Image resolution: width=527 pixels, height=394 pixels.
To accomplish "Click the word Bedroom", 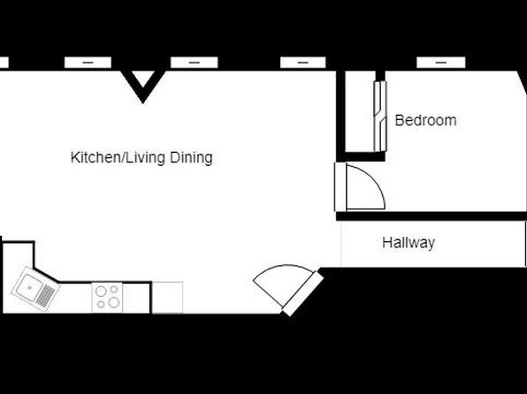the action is click(x=425, y=120).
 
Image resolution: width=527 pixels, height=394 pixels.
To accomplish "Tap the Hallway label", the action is click(x=409, y=243).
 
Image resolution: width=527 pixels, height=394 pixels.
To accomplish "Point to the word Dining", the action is click(x=191, y=157).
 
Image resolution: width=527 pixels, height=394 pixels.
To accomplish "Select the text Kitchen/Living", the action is click(x=118, y=157).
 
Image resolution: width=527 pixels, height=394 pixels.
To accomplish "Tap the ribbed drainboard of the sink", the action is click(x=46, y=296).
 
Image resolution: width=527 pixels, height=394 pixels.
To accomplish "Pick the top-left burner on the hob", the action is click(x=101, y=291).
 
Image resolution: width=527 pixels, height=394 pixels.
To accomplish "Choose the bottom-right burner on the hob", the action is click(x=114, y=302).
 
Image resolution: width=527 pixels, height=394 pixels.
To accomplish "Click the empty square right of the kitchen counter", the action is click(x=167, y=298).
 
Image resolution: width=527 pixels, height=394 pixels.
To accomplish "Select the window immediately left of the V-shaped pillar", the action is click(x=88, y=63).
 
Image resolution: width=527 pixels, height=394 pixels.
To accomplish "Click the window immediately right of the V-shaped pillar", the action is click(x=195, y=63).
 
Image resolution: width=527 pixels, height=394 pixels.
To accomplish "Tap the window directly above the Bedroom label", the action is click(x=441, y=63).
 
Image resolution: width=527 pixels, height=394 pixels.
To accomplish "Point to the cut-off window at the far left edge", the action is click(x=4, y=63).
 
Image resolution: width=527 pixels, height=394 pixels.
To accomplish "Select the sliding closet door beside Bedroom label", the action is click(x=380, y=117).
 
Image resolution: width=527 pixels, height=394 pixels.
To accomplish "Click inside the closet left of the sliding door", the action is click(x=360, y=110).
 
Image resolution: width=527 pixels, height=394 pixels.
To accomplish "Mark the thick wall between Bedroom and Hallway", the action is click(x=432, y=216).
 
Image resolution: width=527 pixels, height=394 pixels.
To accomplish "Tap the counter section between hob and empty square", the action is click(x=136, y=299).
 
